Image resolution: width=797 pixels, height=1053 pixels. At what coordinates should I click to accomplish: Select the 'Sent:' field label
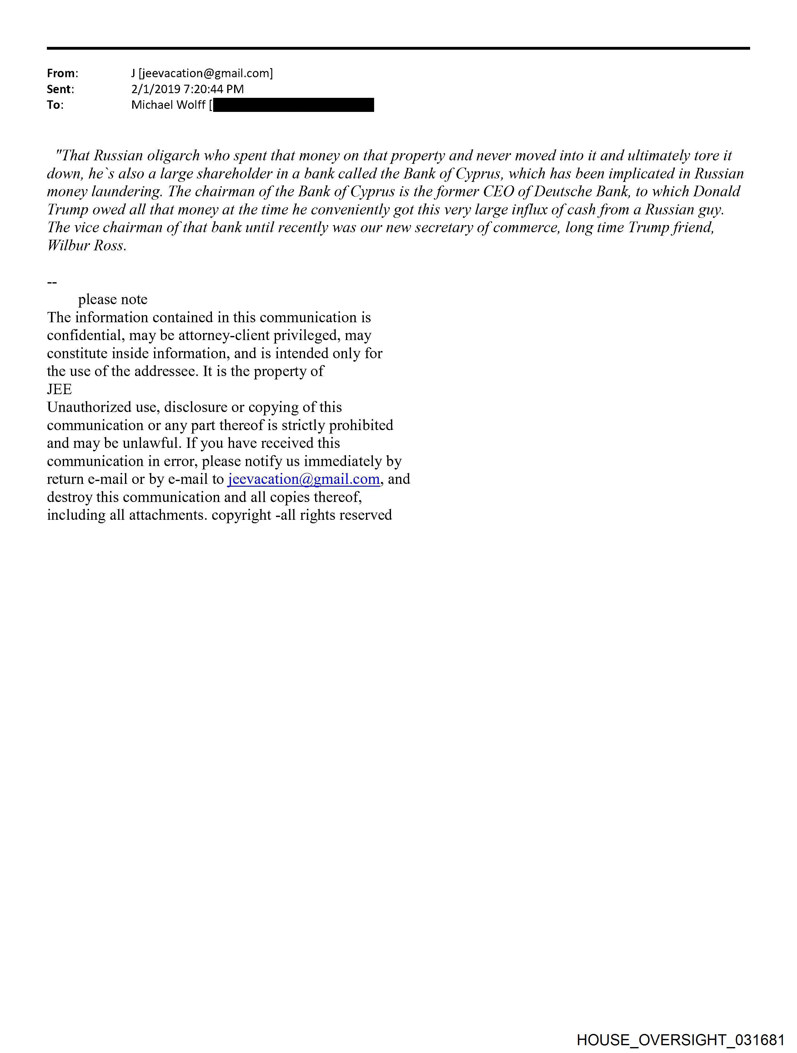pos(60,89)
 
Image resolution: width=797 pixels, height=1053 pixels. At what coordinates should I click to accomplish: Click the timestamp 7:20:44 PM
pos(214,89)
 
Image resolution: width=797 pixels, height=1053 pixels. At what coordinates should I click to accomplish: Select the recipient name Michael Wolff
pos(168,105)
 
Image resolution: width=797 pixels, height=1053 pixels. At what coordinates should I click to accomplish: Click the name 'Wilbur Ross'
pos(86,246)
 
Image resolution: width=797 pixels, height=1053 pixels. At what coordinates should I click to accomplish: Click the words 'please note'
pos(113,299)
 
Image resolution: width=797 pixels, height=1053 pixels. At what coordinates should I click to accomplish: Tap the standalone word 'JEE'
pos(59,389)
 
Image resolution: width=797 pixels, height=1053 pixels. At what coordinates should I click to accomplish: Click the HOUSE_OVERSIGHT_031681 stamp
pos(680,1040)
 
